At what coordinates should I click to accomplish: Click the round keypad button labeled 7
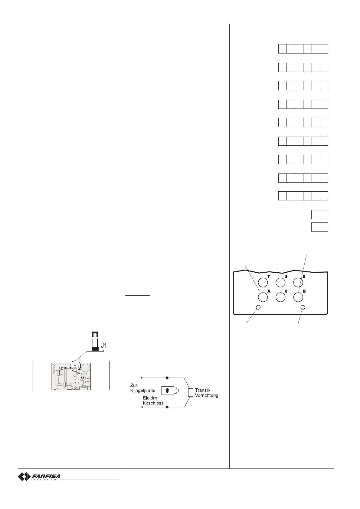coord(263,282)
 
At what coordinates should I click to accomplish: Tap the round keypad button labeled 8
coord(280,282)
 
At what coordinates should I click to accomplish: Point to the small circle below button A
coord(258,307)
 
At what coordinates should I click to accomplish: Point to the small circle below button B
coord(303,307)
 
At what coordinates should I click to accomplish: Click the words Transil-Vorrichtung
coord(207,393)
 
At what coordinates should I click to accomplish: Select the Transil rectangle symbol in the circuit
coord(190,392)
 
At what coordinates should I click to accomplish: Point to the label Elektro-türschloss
coord(153,400)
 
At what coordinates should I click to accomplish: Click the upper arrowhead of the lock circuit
coord(141,378)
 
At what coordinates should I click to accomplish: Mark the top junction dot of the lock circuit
coord(167,378)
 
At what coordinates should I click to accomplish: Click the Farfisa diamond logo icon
coord(23,477)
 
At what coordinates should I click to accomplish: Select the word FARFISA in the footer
coord(46,476)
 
